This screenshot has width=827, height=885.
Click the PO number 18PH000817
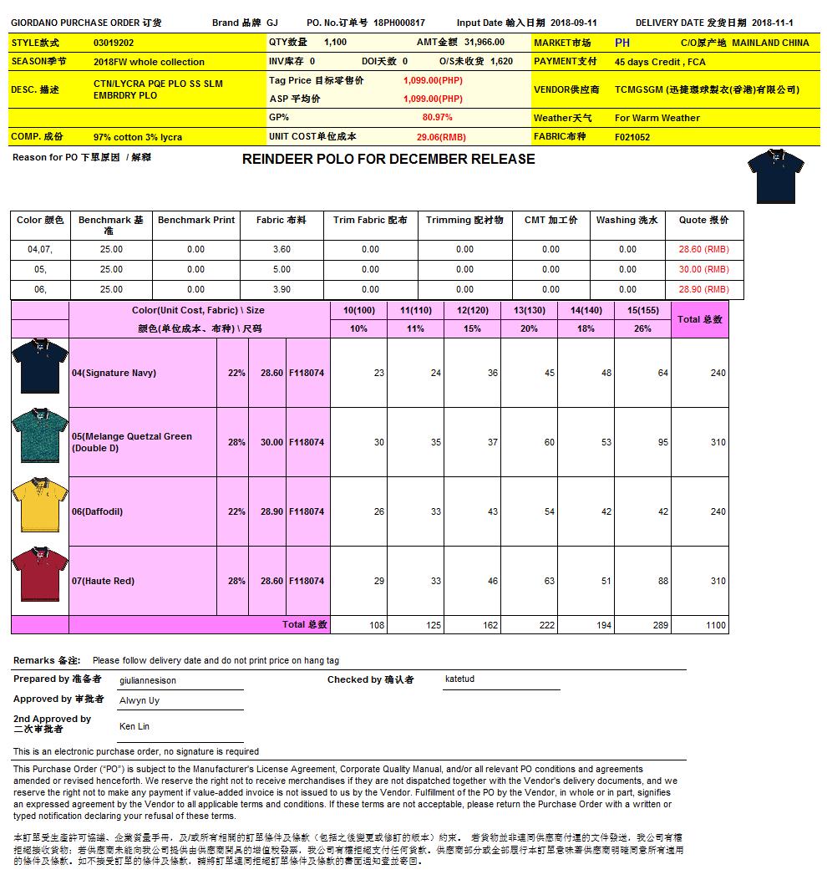tap(398, 23)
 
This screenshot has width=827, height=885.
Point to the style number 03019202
tap(114, 42)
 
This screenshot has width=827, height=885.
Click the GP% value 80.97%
tap(437, 118)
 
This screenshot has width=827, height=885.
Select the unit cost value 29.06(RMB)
tap(441, 137)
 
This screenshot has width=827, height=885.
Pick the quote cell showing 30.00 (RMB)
tap(703, 269)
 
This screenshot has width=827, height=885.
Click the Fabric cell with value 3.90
tap(282, 289)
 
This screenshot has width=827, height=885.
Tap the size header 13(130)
tap(529, 310)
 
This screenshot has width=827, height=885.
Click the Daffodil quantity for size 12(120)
tap(492, 511)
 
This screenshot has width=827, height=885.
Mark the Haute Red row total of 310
tap(718, 581)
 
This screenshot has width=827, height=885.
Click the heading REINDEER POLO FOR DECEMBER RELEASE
tap(388, 159)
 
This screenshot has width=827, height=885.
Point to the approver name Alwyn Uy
tap(140, 700)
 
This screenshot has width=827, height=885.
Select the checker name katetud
tap(459, 679)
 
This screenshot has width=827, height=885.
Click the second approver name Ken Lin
tap(134, 726)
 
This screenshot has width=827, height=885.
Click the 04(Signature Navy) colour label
tap(114, 373)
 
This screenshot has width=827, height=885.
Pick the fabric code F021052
tap(632, 137)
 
